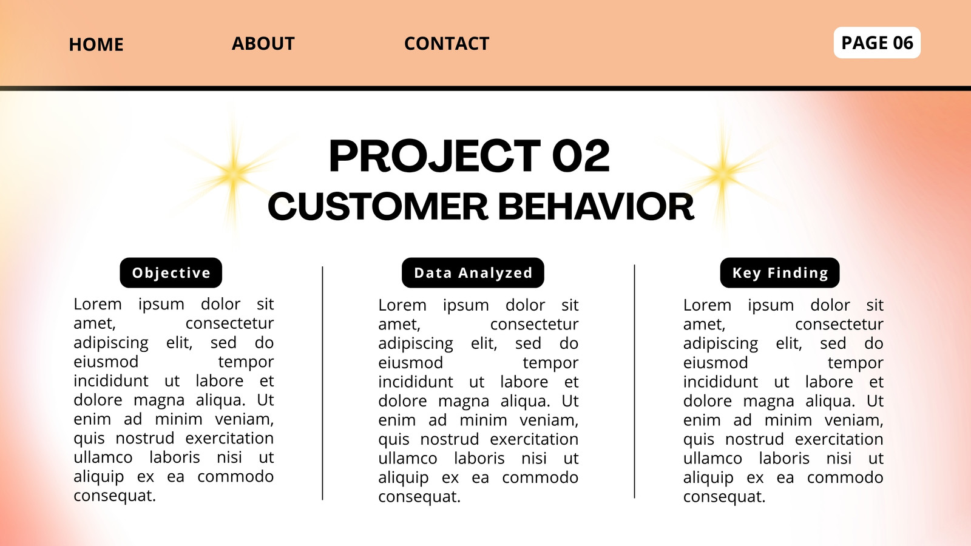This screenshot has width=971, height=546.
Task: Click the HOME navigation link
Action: point(96,44)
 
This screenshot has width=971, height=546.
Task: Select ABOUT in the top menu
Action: point(263,43)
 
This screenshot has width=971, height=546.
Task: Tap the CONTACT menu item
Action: point(447,43)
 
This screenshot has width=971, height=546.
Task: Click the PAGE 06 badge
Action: point(877,42)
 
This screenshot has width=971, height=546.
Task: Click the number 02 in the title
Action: point(581,155)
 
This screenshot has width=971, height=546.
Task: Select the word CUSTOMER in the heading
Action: point(378,206)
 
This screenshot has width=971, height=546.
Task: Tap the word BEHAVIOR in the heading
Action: point(596,206)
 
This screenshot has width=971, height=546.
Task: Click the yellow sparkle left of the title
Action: point(233,174)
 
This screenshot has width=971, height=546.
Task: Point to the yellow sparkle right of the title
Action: point(723,174)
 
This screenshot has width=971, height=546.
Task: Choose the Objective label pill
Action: point(171,272)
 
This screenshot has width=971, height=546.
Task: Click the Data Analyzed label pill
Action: point(473,272)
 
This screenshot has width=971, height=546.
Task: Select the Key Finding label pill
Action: point(780,272)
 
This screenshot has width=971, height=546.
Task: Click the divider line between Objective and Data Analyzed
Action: point(322,383)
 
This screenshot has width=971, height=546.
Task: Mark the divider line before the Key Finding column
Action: point(634,382)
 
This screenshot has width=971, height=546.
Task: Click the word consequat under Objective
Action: point(115,496)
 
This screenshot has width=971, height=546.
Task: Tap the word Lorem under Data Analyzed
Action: point(402,305)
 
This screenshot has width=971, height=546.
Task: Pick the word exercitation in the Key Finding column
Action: point(839,439)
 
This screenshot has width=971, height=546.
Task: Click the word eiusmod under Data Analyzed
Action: point(410,362)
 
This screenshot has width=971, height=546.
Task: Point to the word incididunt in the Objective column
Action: point(111,381)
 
